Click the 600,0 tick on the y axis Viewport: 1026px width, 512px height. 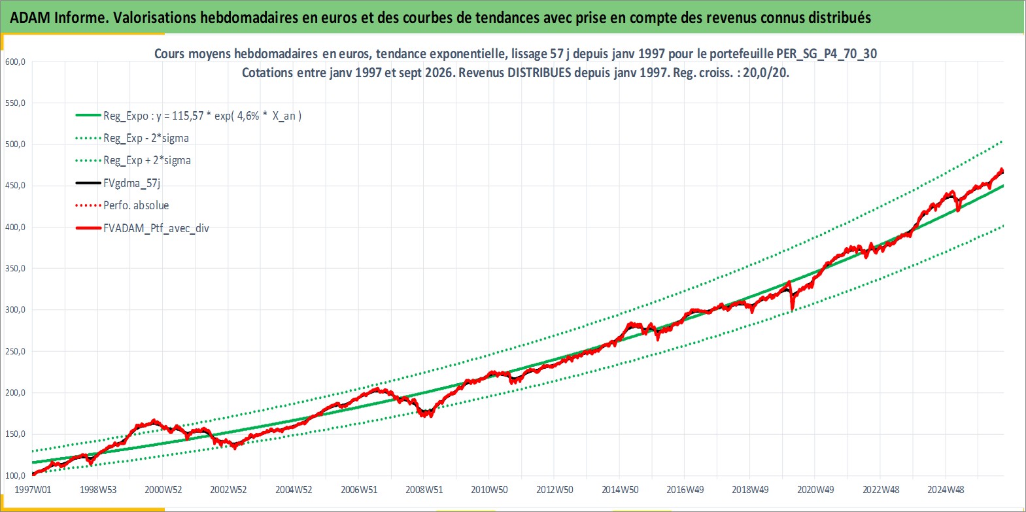(15, 62)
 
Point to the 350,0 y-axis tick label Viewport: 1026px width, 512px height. (15, 268)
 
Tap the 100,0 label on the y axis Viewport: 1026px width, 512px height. (15, 475)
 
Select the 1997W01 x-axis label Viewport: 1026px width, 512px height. (33, 490)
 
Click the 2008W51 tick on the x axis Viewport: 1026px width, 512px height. (424, 490)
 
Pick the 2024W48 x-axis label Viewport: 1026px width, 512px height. (946, 490)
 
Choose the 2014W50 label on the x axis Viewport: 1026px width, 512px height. (620, 490)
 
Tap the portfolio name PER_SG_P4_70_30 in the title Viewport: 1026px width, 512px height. (827, 54)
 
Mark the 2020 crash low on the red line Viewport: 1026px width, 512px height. (792, 309)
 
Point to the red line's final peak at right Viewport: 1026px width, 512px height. (1001, 169)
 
